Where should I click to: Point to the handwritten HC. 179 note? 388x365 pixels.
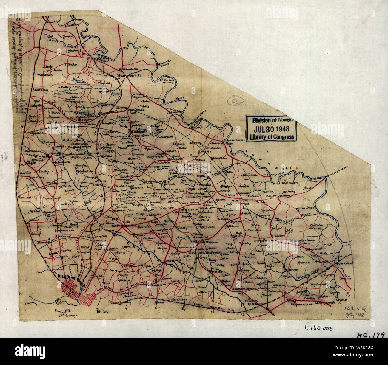[370, 335]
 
